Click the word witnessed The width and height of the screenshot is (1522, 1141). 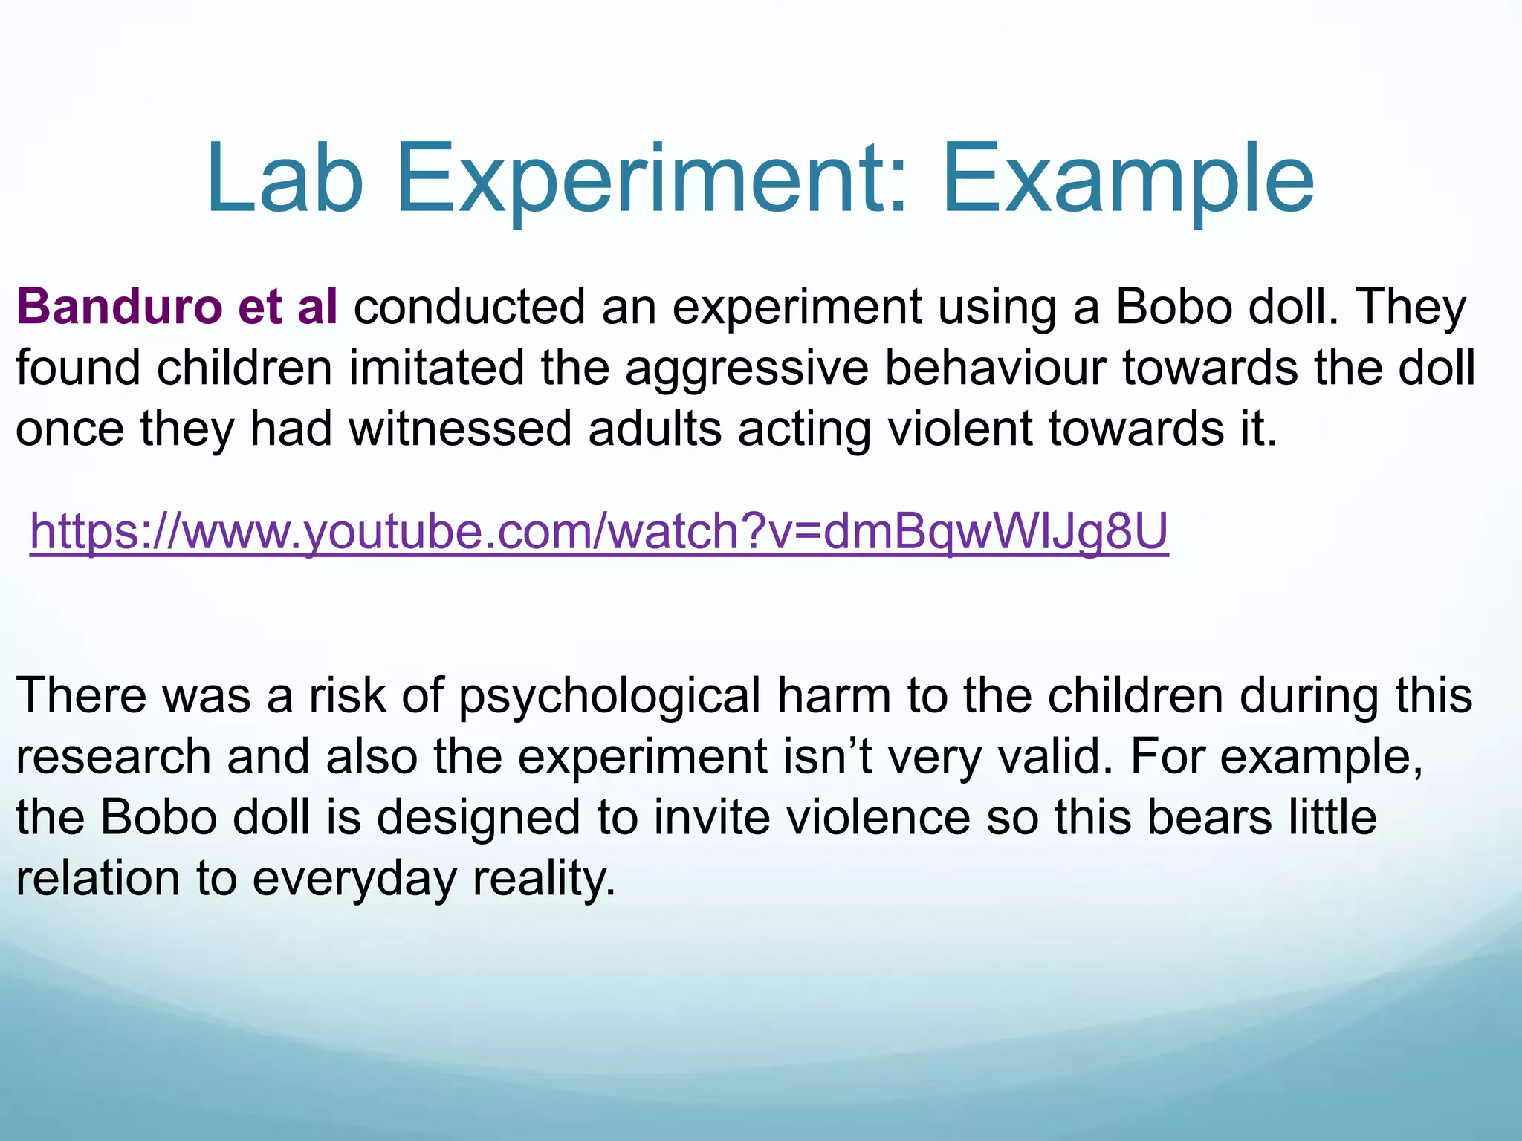tap(460, 429)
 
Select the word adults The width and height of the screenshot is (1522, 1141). tap(655, 429)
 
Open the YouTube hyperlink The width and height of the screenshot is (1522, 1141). tap(599, 532)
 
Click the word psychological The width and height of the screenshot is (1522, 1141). tap(609, 697)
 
